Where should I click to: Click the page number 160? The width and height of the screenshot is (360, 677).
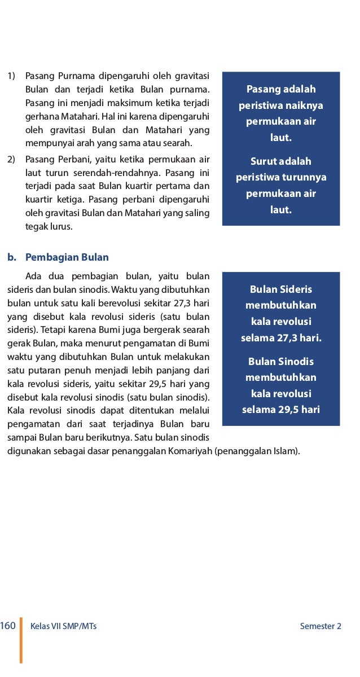pos(8,626)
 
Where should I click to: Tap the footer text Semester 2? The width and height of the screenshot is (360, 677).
pos(321,626)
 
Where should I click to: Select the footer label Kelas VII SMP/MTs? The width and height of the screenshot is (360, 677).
pos(63,626)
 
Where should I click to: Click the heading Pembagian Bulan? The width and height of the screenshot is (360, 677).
pos(67,257)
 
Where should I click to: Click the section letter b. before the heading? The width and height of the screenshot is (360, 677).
pos(12,257)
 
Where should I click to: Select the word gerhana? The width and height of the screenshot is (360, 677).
pos(41,116)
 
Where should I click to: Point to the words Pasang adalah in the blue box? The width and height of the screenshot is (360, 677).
pos(281,89)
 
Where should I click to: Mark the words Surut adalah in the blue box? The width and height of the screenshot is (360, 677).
pos(281,161)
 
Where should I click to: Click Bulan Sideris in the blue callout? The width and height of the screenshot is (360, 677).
pos(281,289)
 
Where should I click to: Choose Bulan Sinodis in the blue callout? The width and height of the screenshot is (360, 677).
pos(281,362)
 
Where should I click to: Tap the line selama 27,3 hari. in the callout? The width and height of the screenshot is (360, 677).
pos(281,338)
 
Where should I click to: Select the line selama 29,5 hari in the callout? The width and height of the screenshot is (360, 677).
pos(281,410)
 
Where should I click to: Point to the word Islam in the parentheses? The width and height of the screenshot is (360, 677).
pos(286,451)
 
